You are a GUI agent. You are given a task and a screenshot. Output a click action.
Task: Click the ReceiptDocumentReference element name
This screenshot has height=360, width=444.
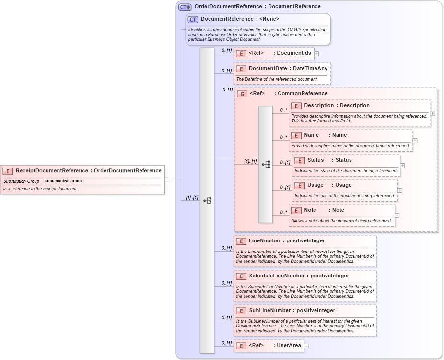click(x=88, y=170)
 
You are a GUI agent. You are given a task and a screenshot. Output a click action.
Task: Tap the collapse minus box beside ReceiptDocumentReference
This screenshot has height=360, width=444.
click(x=167, y=180)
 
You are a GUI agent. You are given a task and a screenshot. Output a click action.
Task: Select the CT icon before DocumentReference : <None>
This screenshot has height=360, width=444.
click(x=193, y=19)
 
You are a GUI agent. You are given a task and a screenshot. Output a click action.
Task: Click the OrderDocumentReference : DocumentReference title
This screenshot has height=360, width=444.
click(x=257, y=6)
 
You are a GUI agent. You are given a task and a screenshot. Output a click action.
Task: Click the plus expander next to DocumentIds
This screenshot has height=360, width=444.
click(x=316, y=53)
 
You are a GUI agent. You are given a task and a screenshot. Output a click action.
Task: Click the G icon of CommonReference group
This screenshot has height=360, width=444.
click(x=243, y=94)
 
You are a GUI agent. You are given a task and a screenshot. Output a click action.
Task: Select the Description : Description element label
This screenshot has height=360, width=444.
click(x=337, y=105)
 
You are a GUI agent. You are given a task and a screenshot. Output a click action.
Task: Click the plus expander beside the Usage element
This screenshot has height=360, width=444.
click(x=400, y=191)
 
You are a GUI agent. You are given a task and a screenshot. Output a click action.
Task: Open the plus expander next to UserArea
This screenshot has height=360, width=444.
click(x=306, y=346)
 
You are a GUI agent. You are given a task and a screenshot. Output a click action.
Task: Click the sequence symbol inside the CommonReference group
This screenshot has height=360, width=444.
click(x=266, y=164)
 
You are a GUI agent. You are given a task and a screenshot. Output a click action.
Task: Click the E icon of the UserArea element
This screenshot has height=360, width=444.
click(x=242, y=345)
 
